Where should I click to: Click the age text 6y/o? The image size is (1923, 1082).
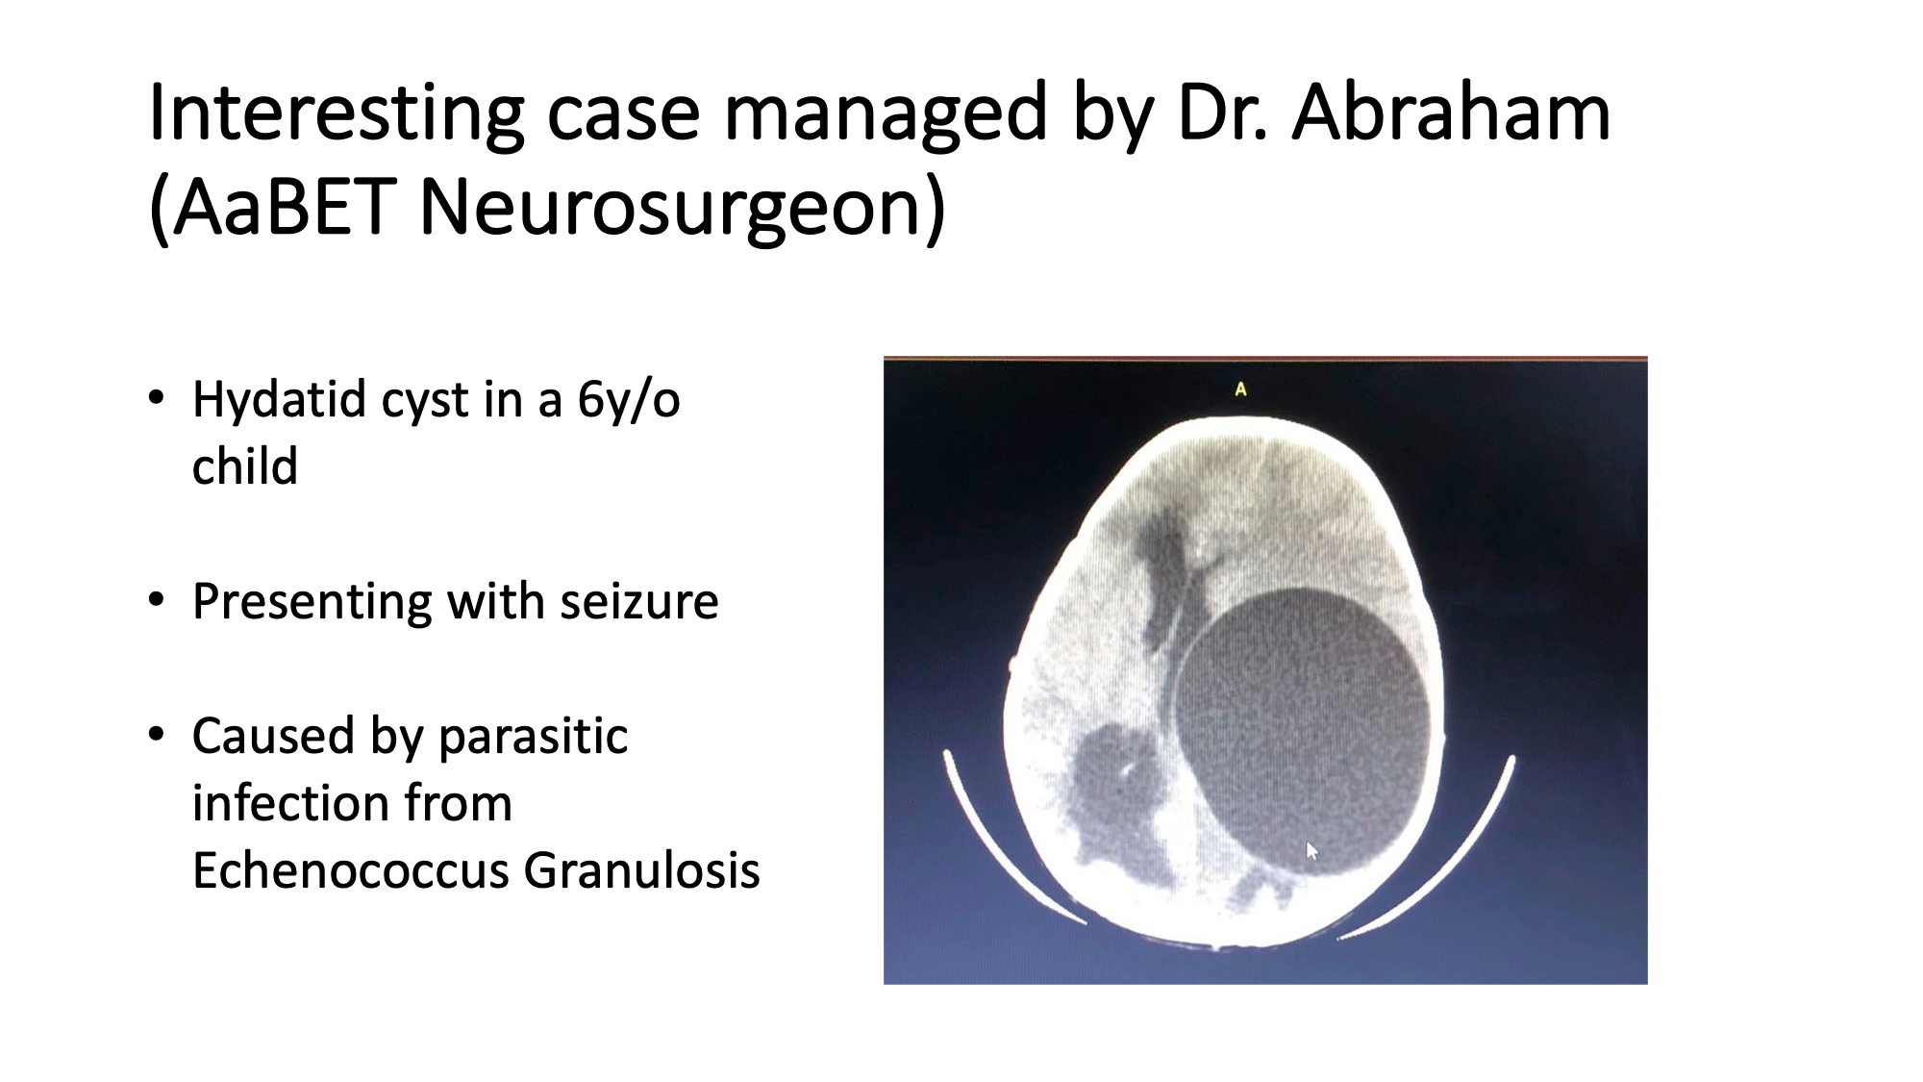click(x=629, y=400)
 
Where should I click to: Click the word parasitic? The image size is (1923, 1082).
click(x=533, y=738)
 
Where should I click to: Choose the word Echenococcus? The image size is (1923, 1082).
click(x=350, y=870)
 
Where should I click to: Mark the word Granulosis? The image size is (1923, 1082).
click(x=642, y=870)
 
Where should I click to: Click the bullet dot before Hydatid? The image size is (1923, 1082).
click(x=157, y=397)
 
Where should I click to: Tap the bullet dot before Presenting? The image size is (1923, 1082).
click(x=157, y=599)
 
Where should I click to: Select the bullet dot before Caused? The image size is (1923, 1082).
click(x=157, y=735)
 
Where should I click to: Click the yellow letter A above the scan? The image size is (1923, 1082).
click(x=1240, y=390)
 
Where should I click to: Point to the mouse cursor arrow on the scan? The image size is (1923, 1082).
click(x=1311, y=850)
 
